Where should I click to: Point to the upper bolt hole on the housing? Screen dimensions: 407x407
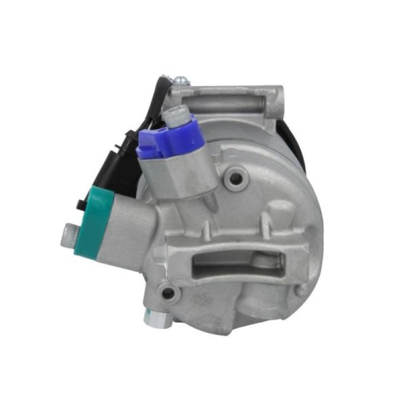(235, 179)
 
